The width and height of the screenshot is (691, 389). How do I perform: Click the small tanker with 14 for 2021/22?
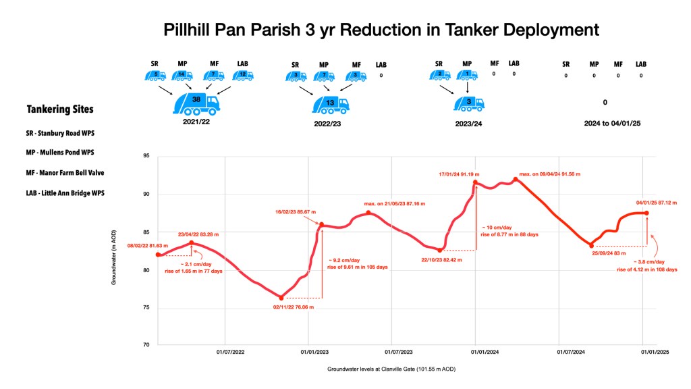(183, 75)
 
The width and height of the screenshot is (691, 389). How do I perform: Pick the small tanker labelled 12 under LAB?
(242, 75)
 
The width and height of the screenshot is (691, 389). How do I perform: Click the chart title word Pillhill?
(195, 30)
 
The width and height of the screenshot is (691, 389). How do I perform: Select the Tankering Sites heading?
(60, 109)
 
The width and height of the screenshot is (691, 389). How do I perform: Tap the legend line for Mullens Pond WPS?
(65, 153)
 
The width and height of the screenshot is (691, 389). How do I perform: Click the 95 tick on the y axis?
(146, 157)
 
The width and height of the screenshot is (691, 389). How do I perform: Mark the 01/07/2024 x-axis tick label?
(571, 352)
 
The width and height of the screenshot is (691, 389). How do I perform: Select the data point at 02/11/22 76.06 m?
(281, 298)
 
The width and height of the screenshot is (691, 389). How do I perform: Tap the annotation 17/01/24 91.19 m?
(463, 174)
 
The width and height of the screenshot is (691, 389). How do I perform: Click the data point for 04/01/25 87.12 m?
(646, 213)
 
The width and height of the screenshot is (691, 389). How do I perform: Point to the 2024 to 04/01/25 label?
(605, 124)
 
